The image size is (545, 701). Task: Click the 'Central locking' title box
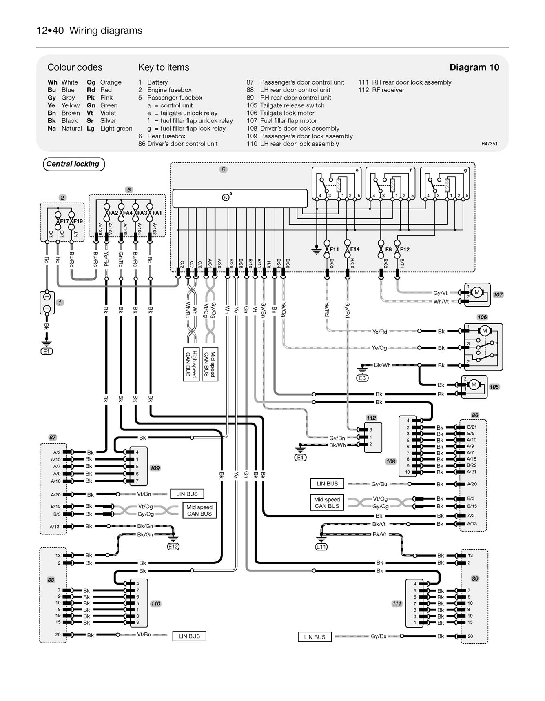(x=73, y=164)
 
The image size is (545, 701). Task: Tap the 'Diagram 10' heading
(x=474, y=67)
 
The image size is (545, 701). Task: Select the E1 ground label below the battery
(x=47, y=351)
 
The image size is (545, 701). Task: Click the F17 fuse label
(x=64, y=221)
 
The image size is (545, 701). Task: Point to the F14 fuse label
(x=354, y=249)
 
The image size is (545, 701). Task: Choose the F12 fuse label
(x=404, y=249)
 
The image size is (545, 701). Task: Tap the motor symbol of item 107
(x=476, y=292)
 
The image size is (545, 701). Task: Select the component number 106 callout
(x=482, y=317)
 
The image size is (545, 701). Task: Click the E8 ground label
(x=362, y=378)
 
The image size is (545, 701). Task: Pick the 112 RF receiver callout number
(x=371, y=418)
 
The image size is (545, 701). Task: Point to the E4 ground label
(x=300, y=458)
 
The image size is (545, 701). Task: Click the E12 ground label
(x=173, y=546)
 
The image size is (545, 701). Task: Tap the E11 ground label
(x=321, y=547)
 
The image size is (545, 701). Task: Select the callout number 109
(x=155, y=468)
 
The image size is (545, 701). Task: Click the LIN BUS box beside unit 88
(x=189, y=636)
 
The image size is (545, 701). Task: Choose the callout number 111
(x=397, y=603)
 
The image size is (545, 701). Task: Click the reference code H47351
(x=489, y=144)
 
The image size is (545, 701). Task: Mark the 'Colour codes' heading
(x=75, y=67)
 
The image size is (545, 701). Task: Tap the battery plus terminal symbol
(x=47, y=297)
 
